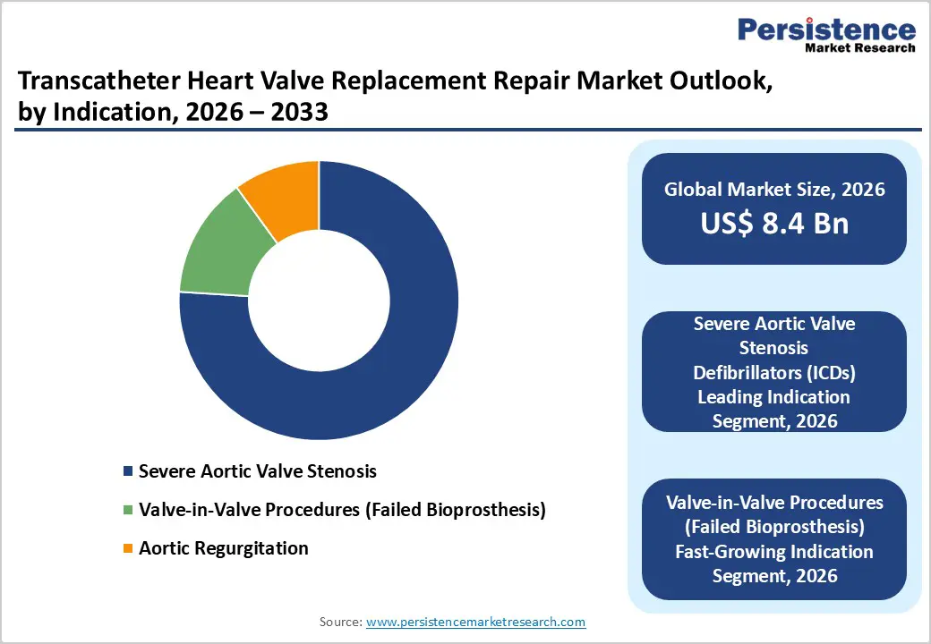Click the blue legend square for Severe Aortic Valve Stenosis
(128, 471)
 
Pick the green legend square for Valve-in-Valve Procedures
(128, 510)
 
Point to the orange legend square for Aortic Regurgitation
(128, 548)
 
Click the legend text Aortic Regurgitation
(223, 548)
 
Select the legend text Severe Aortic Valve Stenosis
(258, 471)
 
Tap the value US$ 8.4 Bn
(774, 223)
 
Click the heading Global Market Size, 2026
(774, 190)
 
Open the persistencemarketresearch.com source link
(475, 622)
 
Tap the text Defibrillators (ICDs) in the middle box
(774, 371)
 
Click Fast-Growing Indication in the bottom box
(774, 551)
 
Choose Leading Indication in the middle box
(774, 395)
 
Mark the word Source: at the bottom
(340, 622)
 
